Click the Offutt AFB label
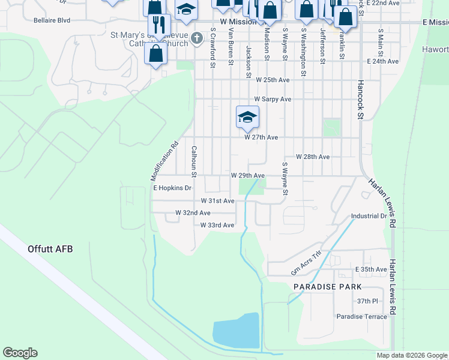click(x=50, y=248)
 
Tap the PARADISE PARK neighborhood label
click(x=327, y=287)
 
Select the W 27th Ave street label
click(x=261, y=137)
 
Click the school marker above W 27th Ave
click(x=247, y=117)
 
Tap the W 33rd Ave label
click(x=217, y=225)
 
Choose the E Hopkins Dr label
click(x=172, y=188)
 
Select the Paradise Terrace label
click(x=361, y=316)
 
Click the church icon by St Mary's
click(x=196, y=39)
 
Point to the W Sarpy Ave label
click(x=273, y=99)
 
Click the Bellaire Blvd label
click(x=52, y=20)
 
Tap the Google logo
click(x=20, y=353)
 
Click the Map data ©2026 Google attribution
click(x=411, y=355)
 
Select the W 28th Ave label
click(x=313, y=157)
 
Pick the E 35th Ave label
click(x=371, y=269)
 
